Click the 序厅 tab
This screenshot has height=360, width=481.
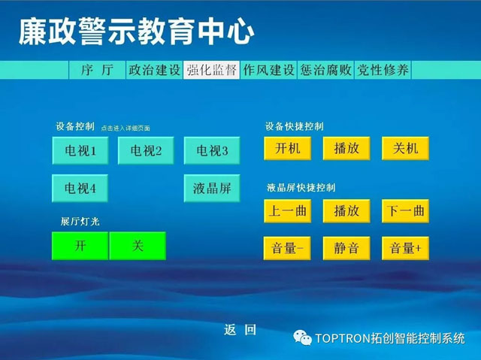(97, 70)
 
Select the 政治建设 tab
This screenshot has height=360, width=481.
(154, 70)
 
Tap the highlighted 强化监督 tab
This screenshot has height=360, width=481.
(211, 70)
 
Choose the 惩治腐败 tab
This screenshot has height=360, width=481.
(325, 70)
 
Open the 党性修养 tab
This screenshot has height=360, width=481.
(383, 70)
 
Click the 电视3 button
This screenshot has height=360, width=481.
(212, 150)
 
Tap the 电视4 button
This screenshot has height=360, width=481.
(80, 189)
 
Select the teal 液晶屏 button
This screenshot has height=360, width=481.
(212, 189)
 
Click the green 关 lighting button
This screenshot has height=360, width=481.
(138, 246)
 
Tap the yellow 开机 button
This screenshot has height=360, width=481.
(287, 148)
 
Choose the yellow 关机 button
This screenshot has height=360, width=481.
(405, 148)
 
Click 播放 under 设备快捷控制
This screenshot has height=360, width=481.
(346, 148)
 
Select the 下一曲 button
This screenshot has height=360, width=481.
(405, 211)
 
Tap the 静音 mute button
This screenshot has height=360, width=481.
(346, 248)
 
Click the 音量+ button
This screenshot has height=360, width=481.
(405, 248)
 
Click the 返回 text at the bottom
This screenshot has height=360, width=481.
(240, 330)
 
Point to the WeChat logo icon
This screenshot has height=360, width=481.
(302, 338)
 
